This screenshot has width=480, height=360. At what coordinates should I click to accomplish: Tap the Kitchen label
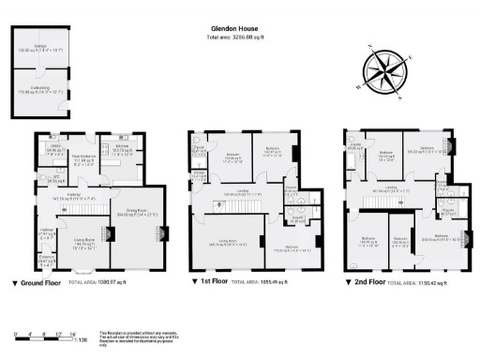point(121,149)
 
